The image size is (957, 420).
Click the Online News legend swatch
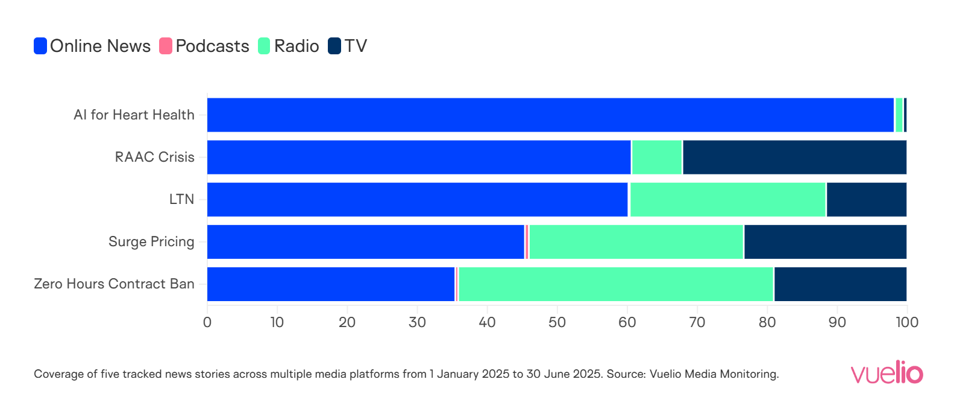(40, 46)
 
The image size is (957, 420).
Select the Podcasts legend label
(212, 46)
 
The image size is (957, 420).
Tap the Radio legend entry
(296, 46)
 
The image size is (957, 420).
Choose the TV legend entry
(355, 46)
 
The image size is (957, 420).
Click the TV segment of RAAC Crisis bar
(794, 157)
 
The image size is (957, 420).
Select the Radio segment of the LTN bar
(727, 200)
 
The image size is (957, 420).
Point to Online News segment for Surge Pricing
(365, 242)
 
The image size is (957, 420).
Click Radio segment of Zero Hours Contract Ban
(615, 284)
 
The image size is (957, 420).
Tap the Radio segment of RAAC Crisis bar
(657, 157)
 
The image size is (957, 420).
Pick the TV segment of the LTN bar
(867, 200)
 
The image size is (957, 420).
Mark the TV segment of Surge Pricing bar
(825, 242)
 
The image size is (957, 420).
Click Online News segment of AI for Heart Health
(550, 115)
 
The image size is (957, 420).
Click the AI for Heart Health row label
(134, 115)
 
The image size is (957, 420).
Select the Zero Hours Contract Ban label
(114, 284)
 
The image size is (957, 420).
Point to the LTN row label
(181, 199)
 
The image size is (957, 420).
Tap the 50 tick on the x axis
(557, 322)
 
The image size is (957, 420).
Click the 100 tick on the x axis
(906, 322)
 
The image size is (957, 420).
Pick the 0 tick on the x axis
(207, 322)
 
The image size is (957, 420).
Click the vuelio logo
(886, 372)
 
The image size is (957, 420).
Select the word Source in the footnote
(624, 374)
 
